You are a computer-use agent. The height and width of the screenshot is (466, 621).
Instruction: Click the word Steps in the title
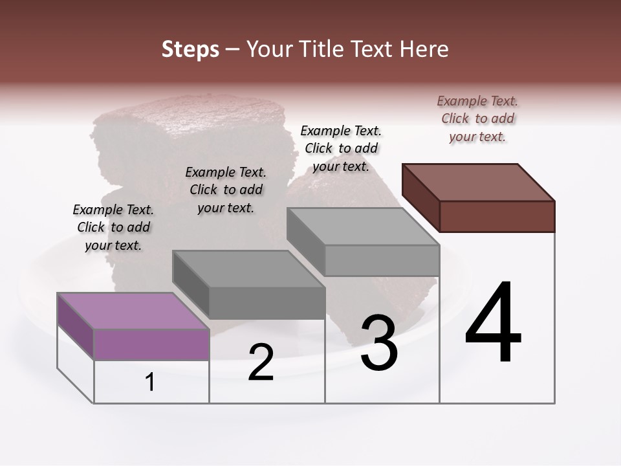pos(190,49)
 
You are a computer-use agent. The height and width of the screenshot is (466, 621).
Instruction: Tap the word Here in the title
pos(424,49)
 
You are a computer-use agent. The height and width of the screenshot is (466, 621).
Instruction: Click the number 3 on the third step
pos(379,343)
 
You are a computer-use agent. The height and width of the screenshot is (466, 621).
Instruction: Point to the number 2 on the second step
pos(261,362)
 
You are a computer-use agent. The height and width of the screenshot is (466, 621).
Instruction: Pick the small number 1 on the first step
pos(150,383)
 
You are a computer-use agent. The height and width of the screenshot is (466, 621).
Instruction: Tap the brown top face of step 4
pos(479,182)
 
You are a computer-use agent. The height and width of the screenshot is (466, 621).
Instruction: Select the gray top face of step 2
pos(248,269)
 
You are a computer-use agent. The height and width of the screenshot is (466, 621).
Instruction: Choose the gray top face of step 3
pos(363,227)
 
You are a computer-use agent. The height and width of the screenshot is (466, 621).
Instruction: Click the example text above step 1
pos(113,227)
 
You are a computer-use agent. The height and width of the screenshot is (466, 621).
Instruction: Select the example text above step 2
pos(226,190)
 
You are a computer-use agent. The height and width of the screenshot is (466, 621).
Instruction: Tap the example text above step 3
pos(341,148)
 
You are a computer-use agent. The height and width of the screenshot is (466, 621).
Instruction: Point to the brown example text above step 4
pos(477,118)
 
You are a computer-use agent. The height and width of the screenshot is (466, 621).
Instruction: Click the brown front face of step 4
pos(497,216)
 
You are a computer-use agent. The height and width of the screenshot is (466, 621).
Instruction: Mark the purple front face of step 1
pos(151,344)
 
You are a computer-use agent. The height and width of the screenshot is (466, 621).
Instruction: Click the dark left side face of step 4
pos(420,197)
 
